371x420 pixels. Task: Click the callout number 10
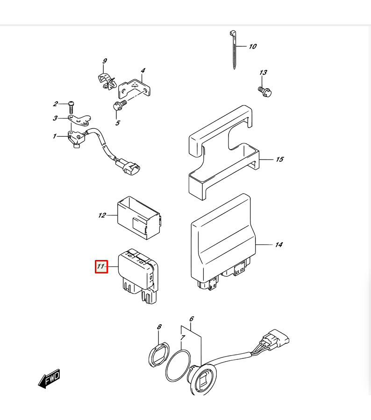[x=253, y=46]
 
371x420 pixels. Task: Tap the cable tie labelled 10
[x=233, y=50]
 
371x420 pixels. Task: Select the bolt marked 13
[x=265, y=91]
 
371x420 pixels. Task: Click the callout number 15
[x=279, y=160]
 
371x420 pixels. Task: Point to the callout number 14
[x=279, y=245]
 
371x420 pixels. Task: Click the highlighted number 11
[x=101, y=266]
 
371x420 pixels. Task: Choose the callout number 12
[x=102, y=215]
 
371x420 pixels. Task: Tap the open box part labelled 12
[x=139, y=217]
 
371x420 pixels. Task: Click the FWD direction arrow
[x=49, y=378]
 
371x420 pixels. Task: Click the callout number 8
[x=159, y=327]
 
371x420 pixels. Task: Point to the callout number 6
[x=192, y=319]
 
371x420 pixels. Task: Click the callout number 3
[x=55, y=118]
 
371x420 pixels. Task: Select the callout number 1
[x=55, y=136]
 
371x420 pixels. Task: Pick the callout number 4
[x=143, y=70]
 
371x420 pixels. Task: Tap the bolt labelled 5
[x=120, y=105]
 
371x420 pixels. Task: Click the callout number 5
[x=118, y=123]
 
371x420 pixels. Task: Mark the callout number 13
[x=263, y=72]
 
